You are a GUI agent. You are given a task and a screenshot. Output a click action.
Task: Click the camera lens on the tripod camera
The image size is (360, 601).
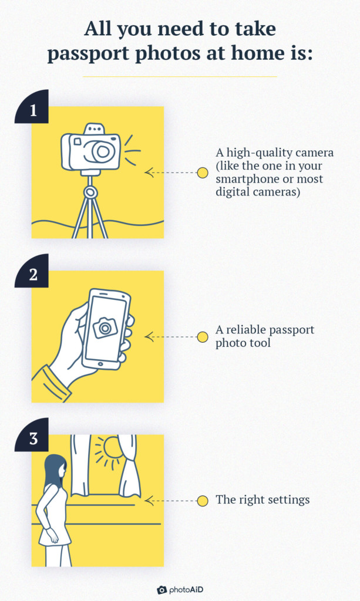(x=103, y=151)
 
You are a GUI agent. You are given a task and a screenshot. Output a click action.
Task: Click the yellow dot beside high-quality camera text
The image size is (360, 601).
(x=203, y=173)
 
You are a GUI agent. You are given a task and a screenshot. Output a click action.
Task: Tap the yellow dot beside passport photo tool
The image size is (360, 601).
(x=203, y=336)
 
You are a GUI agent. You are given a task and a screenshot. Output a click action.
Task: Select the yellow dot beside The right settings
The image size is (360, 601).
(x=203, y=501)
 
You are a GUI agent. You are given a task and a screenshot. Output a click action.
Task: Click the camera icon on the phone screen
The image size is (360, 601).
(x=105, y=327)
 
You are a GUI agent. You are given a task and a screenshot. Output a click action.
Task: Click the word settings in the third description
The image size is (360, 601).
(x=288, y=501)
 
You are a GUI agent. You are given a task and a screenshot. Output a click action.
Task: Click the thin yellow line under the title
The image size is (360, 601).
(x=180, y=76)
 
